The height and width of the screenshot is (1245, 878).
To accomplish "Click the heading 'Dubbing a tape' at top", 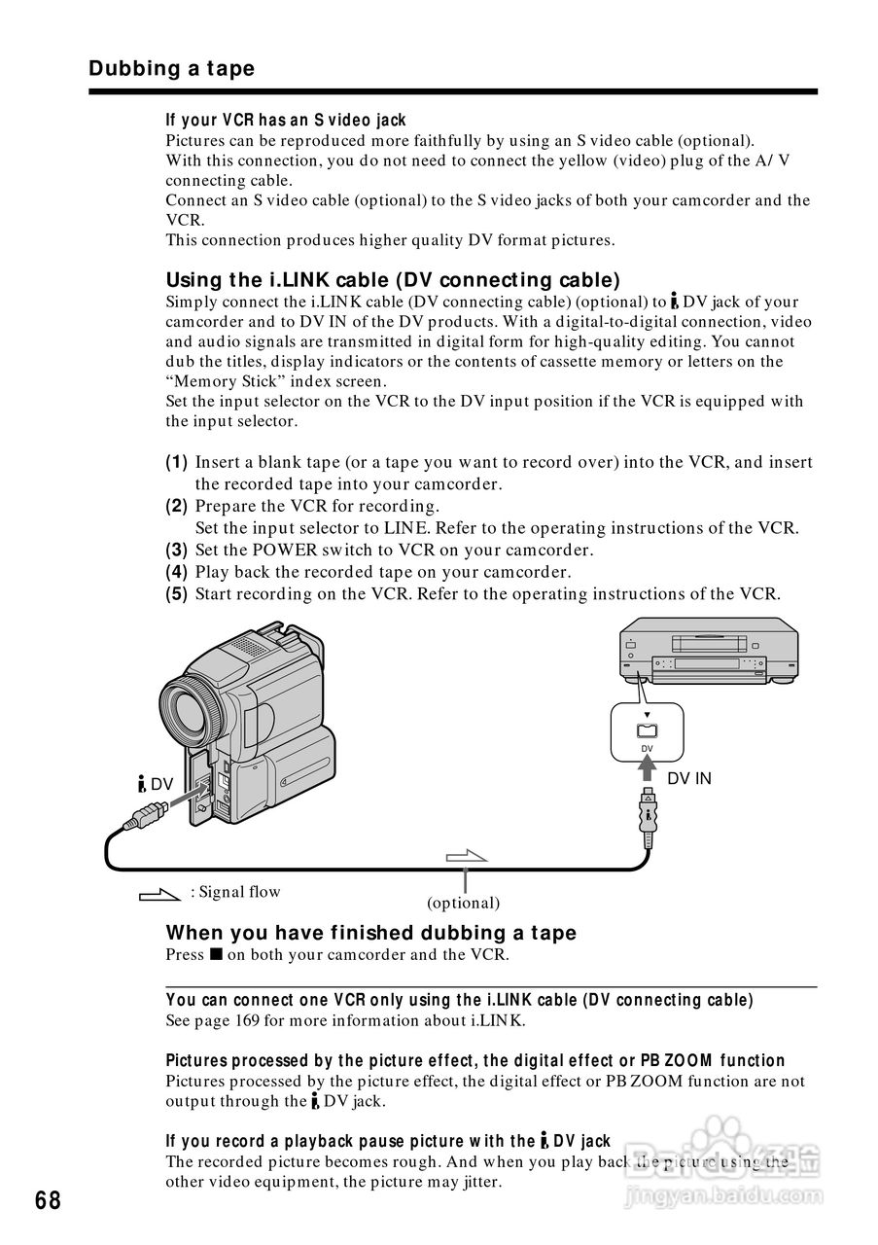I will [x=171, y=69].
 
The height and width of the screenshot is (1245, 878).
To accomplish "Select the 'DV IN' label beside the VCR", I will [x=688, y=778].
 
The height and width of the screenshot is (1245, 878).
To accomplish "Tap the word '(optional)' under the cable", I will [x=463, y=903].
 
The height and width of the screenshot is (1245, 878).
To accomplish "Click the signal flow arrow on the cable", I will [x=466, y=856].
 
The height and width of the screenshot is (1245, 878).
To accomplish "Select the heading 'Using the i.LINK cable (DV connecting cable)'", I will [x=393, y=281].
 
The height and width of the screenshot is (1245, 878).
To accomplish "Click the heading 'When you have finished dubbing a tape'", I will [x=371, y=933].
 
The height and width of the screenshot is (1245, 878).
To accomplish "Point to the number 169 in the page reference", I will [x=246, y=1020].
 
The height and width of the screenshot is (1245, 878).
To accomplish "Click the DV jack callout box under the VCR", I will [x=647, y=730].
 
